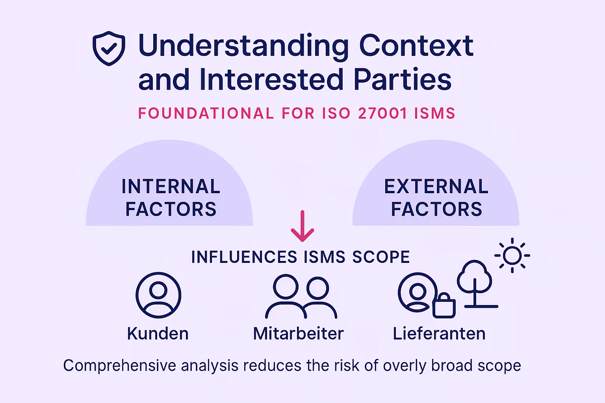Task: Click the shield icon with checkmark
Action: point(109,48)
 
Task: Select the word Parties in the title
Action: point(402,80)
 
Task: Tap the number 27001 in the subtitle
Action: point(382,113)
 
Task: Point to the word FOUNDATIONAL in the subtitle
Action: point(206,113)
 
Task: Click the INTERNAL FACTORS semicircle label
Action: point(171,198)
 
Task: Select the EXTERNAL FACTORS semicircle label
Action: point(436,198)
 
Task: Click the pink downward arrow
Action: point(302,227)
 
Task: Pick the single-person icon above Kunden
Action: point(158,295)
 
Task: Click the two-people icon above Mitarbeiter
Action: point(301,296)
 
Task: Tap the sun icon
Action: point(512,255)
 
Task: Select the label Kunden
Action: point(158,334)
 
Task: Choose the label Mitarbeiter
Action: point(298,334)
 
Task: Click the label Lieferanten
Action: point(439,334)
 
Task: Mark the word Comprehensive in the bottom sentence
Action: point(120,366)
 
